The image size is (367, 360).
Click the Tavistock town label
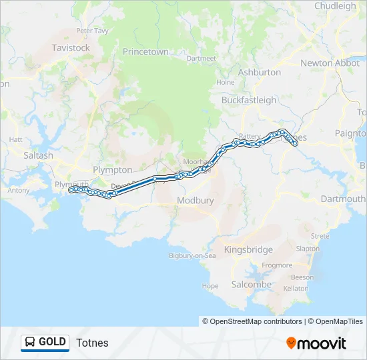[x=71, y=48]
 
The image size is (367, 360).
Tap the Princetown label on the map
[x=145, y=51]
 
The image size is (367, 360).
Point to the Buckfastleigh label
[x=249, y=100]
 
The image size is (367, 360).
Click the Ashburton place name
[x=260, y=72]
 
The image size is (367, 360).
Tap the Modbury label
[x=196, y=200]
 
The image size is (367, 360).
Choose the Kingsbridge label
[x=248, y=250]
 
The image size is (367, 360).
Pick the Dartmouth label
[x=343, y=199]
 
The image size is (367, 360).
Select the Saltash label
[x=39, y=155]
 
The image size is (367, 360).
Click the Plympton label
[x=113, y=170]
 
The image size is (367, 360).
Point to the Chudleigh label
[x=335, y=6]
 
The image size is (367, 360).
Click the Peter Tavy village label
[x=92, y=31]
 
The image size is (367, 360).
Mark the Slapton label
[x=308, y=249]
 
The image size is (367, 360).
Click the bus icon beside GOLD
[x=30, y=343]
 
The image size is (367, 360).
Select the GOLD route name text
[x=52, y=343]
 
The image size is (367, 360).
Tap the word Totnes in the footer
[x=92, y=343]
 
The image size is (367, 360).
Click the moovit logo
[x=316, y=343]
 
